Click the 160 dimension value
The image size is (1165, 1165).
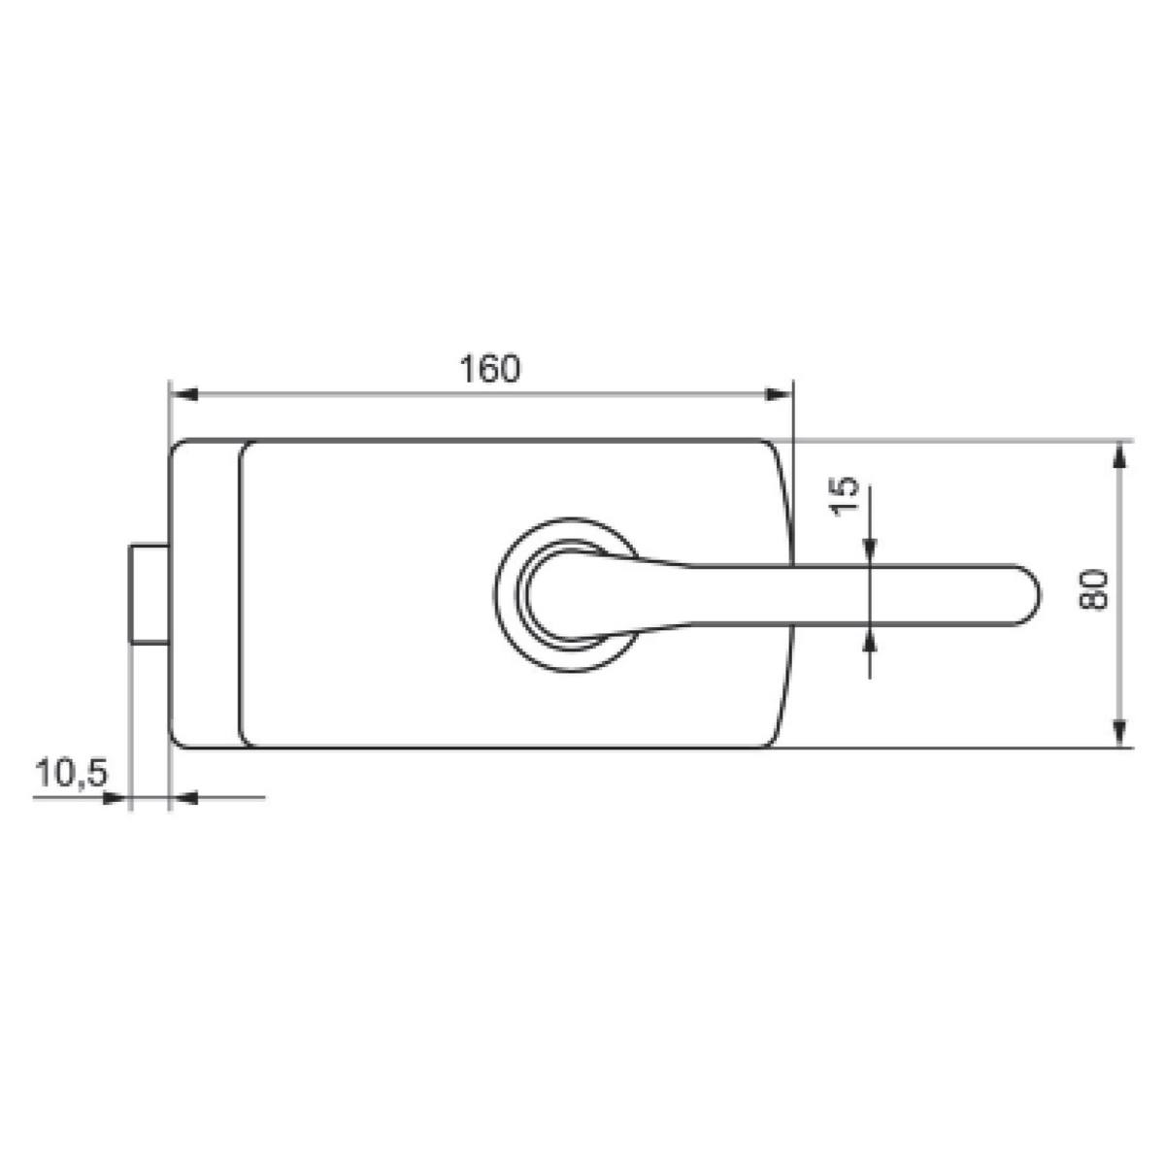tap(489, 368)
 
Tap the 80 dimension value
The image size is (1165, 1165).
tap(1093, 589)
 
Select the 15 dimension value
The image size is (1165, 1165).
tap(844, 496)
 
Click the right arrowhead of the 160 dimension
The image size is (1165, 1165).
tap(778, 395)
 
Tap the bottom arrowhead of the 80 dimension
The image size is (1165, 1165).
tap(1119, 733)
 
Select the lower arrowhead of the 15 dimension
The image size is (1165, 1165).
tap(869, 638)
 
